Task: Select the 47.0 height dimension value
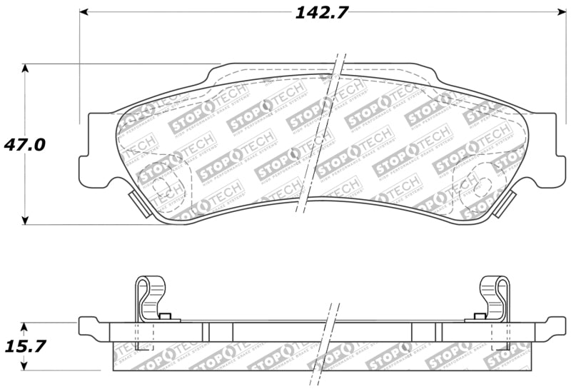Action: point(24,144)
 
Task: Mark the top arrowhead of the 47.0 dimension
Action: point(26,69)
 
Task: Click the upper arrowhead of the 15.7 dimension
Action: point(26,328)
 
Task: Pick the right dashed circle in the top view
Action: point(477,184)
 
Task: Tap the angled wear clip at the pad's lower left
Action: point(138,205)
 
